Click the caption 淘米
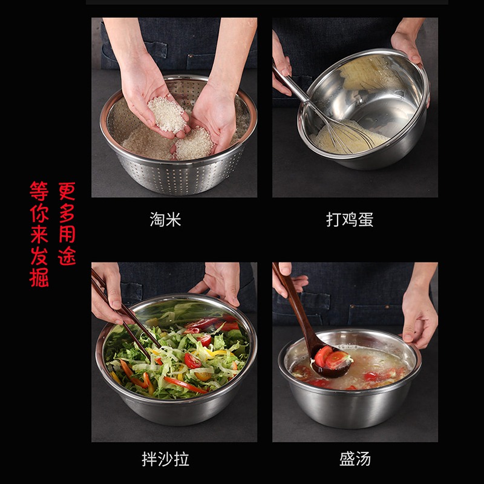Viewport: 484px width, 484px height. click(165, 220)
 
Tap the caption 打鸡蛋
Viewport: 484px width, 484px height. click(350, 220)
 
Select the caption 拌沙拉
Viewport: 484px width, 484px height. click(165, 459)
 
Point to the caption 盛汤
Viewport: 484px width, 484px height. click(355, 459)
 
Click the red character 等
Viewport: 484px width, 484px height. click(39, 191)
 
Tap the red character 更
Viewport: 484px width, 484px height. click(67, 191)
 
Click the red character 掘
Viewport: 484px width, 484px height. click(39, 278)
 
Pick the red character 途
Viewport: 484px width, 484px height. click(67, 256)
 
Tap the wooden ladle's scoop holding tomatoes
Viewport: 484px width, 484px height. click(331, 362)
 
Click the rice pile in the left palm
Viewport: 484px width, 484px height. click(168, 114)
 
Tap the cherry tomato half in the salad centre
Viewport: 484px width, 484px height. click(192, 361)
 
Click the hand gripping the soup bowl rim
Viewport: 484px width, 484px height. click(419, 318)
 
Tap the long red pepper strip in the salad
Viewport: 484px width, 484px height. click(185, 385)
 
